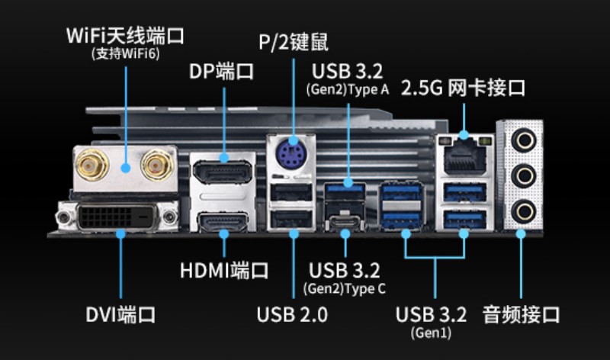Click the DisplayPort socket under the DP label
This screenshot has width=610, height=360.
click(222, 172)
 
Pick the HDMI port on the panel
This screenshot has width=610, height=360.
click(223, 222)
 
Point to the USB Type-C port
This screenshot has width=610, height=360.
click(345, 224)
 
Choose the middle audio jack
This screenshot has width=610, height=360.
click(523, 176)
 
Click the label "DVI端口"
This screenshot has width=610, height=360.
click(120, 314)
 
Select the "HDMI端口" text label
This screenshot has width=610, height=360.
click(224, 270)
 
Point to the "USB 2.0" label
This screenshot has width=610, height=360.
click(292, 314)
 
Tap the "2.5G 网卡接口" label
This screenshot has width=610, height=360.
click(464, 88)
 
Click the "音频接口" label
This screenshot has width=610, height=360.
click(522, 314)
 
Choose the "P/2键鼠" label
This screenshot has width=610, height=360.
click(294, 43)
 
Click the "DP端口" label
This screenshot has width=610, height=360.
click(222, 72)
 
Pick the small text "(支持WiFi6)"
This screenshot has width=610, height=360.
click(125, 54)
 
